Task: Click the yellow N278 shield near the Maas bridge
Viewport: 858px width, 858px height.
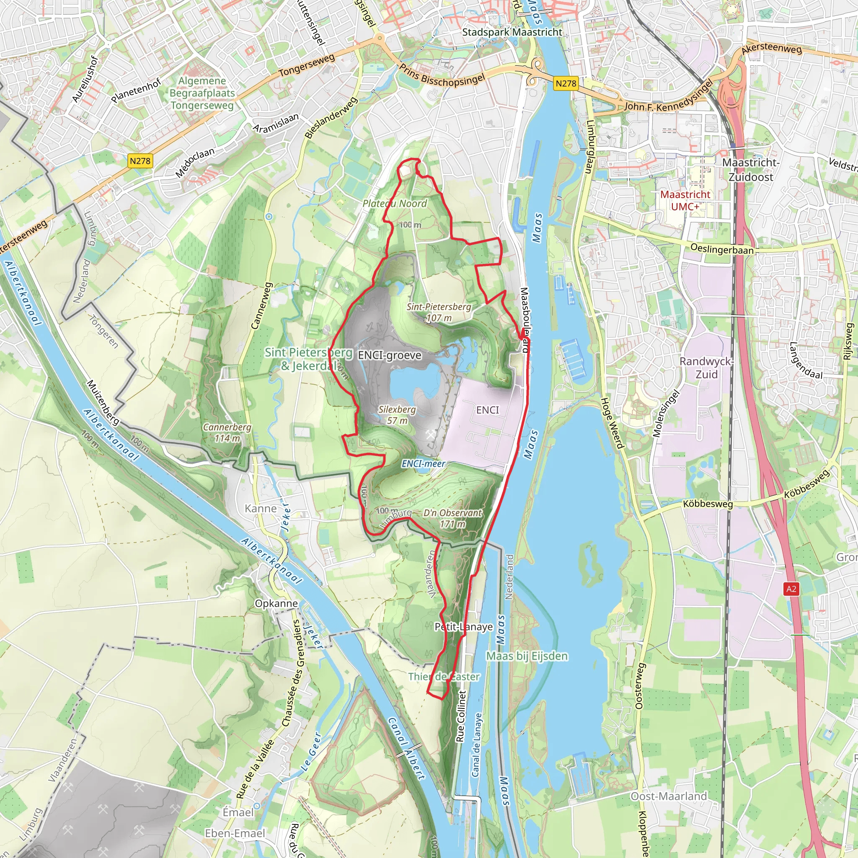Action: point(566,83)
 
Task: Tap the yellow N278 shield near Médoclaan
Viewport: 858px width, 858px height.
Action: point(140,161)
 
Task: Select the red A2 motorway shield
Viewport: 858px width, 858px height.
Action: point(791,589)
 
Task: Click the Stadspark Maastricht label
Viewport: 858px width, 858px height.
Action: point(512,32)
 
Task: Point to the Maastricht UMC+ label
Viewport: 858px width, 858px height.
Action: point(685,200)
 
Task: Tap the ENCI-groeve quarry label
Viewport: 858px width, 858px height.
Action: point(390,355)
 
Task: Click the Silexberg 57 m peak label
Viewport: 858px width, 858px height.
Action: point(397,415)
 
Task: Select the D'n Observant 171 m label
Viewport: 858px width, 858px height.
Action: point(452,518)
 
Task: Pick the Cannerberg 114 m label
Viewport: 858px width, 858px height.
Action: point(227,432)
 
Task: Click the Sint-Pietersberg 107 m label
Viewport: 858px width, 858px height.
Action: point(439,312)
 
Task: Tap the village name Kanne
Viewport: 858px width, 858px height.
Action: point(261,509)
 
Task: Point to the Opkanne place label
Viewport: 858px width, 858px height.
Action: point(276,604)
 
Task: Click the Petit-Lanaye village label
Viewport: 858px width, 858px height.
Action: point(464,627)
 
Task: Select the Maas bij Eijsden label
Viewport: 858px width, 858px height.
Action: point(527,656)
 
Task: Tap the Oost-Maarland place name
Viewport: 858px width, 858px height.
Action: point(669,796)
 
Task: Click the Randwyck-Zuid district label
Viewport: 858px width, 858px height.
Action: point(706,368)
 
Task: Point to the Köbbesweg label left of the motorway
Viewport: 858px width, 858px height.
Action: point(708,504)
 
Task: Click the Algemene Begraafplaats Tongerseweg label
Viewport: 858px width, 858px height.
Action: point(202,93)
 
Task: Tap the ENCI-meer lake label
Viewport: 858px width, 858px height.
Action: point(423,464)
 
